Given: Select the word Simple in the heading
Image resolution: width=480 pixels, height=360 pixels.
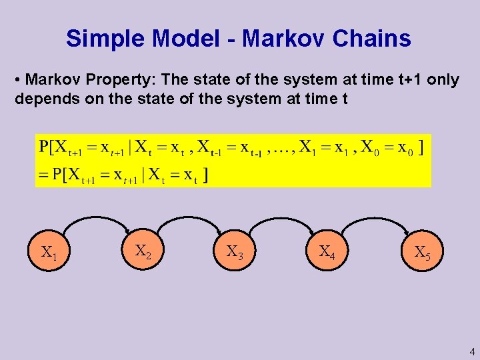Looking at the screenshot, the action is click(x=105, y=39).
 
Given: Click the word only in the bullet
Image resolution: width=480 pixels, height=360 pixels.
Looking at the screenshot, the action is click(x=443, y=80).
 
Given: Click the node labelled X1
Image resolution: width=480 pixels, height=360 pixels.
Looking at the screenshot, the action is click(x=49, y=253).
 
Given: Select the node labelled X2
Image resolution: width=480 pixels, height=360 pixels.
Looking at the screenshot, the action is click(x=143, y=251).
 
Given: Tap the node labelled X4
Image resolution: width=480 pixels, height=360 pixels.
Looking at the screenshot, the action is click(x=327, y=252).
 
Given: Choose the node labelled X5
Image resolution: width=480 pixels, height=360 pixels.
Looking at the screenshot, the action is click(x=422, y=253).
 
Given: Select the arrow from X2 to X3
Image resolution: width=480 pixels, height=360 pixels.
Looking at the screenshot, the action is click(x=189, y=217).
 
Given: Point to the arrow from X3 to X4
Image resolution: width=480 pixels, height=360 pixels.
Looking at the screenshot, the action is click(x=281, y=217).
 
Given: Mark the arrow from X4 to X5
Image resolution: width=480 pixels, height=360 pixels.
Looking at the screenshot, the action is click(x=374, y=217).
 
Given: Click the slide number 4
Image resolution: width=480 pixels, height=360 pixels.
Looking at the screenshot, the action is click(x=472, y=351).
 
